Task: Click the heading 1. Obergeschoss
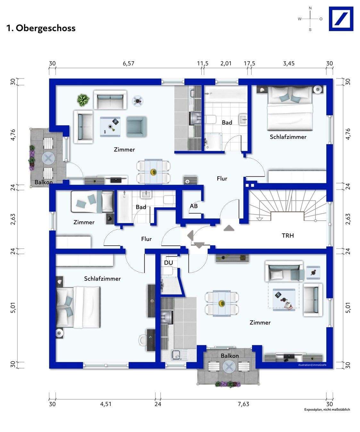(x=41, y=28)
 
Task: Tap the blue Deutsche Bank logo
(x=341, y=19)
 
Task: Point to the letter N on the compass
(x=310, y=8)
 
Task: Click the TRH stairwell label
(x=288, y=235)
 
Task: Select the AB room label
(x=194, y=206)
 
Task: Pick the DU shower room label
(x=169, y=263)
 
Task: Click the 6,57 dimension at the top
(x=129, y=63)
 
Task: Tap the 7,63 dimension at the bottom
(x=243, y=404)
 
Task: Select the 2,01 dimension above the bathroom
(x=226, y=63)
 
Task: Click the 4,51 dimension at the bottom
(x=106, y=404)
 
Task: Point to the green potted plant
(x=83, y=100)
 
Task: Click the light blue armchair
(x=137, y=127)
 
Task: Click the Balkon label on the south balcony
(x=230, y=356)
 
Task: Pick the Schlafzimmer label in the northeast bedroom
(x=288, y=137)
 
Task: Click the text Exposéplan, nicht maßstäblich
(x=327, y=410)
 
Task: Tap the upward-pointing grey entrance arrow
(x=229, y=228)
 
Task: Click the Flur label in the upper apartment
(x=222, y=178)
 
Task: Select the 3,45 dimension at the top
(x=289, y=63)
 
